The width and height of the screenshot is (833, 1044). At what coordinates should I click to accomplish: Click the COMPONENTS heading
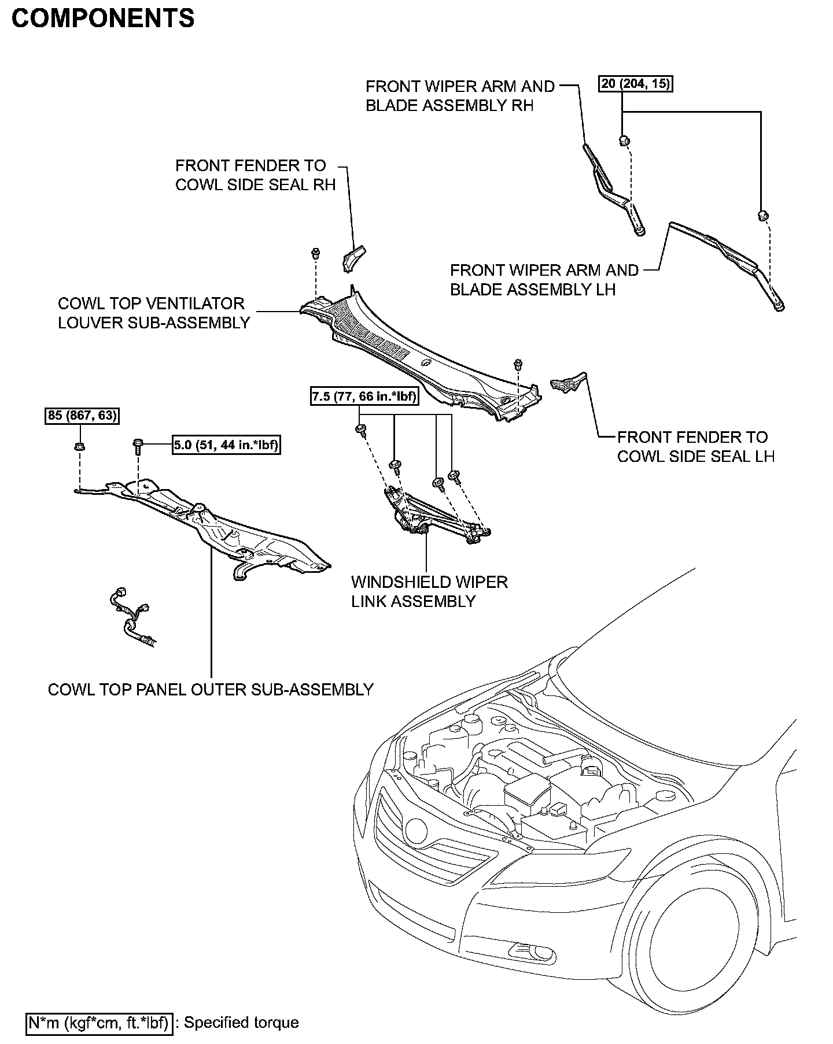pyautogui.click(x=103, y=18)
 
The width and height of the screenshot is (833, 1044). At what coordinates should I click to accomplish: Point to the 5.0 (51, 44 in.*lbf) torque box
pyautogui.click(x=226, y=445)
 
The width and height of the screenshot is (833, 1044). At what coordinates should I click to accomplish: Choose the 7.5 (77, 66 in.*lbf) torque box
pyautogui.click(x=364, y=397)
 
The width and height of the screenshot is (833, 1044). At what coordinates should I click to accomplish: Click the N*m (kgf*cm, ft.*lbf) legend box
pyautogui.click(x=99, y=1023)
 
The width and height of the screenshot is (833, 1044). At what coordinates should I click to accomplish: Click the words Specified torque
pyautogui.click(x=241, y=1023)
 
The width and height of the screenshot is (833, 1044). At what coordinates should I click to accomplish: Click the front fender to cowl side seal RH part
pyautogui.click(x=353, y=258)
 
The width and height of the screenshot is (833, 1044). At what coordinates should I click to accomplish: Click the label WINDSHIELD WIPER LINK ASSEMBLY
pyautogui.click(x=429, y=591)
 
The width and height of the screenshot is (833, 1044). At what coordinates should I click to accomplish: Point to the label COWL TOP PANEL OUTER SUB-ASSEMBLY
pyautogui.click(x=211, y=690)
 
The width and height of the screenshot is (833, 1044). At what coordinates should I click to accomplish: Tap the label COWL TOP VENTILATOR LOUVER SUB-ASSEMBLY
pyautogui.click(x=154, y=313)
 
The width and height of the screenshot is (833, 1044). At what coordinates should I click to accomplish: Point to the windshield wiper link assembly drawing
pyautogui.click(x=434, y=514)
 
